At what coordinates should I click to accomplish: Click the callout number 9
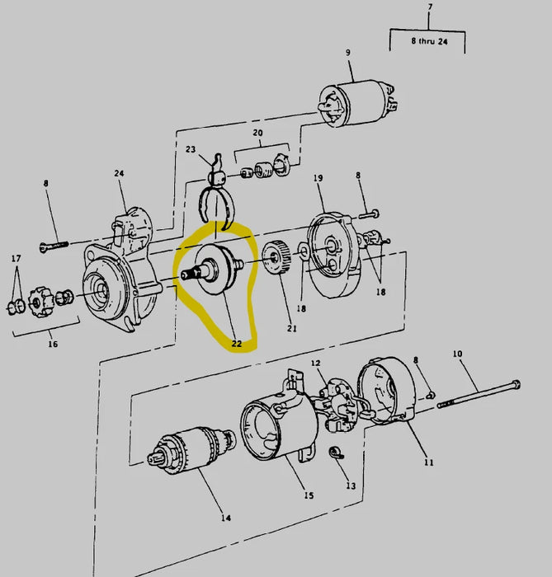coord(347,53)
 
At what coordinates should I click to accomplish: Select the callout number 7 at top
coord(429,9)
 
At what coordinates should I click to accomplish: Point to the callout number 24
coord(119,173)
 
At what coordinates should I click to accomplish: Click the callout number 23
coord(191,150)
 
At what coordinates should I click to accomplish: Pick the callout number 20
coord(257,133)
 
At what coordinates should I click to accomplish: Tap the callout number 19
coord(318,178)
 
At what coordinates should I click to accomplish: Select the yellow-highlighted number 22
coord(237,345)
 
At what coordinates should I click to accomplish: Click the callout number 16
coord(52,344)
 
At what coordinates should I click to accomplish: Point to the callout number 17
coord(16,258)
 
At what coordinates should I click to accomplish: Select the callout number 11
coord(428,462)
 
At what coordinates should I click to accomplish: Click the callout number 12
coord(315,363)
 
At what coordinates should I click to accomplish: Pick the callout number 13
coord(351,486)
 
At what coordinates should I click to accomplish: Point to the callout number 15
coord(309,495)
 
